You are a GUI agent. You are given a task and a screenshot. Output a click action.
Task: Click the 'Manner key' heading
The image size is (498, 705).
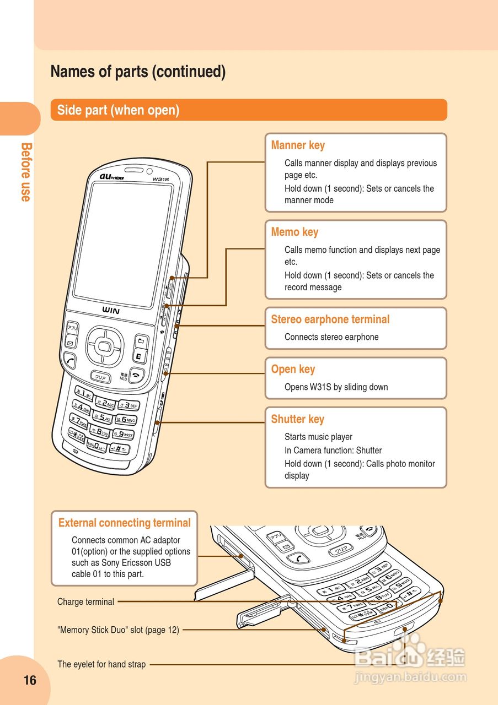298,145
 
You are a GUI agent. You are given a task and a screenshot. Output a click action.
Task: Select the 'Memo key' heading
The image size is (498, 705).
294,232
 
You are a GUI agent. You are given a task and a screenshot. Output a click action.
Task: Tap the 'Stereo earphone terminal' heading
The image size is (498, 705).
330,319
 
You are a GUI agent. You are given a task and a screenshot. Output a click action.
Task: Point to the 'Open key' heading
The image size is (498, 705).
293,369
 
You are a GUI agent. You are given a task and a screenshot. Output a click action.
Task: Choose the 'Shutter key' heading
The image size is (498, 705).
297,419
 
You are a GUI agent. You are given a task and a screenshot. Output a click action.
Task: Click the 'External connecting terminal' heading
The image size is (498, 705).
124,523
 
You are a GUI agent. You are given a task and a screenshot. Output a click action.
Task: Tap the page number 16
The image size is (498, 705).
30,680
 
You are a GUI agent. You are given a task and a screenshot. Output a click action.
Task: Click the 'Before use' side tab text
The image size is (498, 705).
25,172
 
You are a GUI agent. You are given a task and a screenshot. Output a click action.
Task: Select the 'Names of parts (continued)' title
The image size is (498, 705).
138,72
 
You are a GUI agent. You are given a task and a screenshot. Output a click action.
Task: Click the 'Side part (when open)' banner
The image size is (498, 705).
118,110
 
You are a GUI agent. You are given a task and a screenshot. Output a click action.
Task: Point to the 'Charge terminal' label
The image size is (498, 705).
85,602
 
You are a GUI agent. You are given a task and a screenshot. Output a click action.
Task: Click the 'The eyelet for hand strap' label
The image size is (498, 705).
101,665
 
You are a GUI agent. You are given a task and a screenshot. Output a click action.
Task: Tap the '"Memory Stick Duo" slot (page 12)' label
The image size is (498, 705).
118,630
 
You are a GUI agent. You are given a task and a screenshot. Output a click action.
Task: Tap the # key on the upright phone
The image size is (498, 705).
119,448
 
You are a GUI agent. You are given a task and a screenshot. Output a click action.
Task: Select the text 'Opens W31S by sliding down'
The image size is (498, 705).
336,387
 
